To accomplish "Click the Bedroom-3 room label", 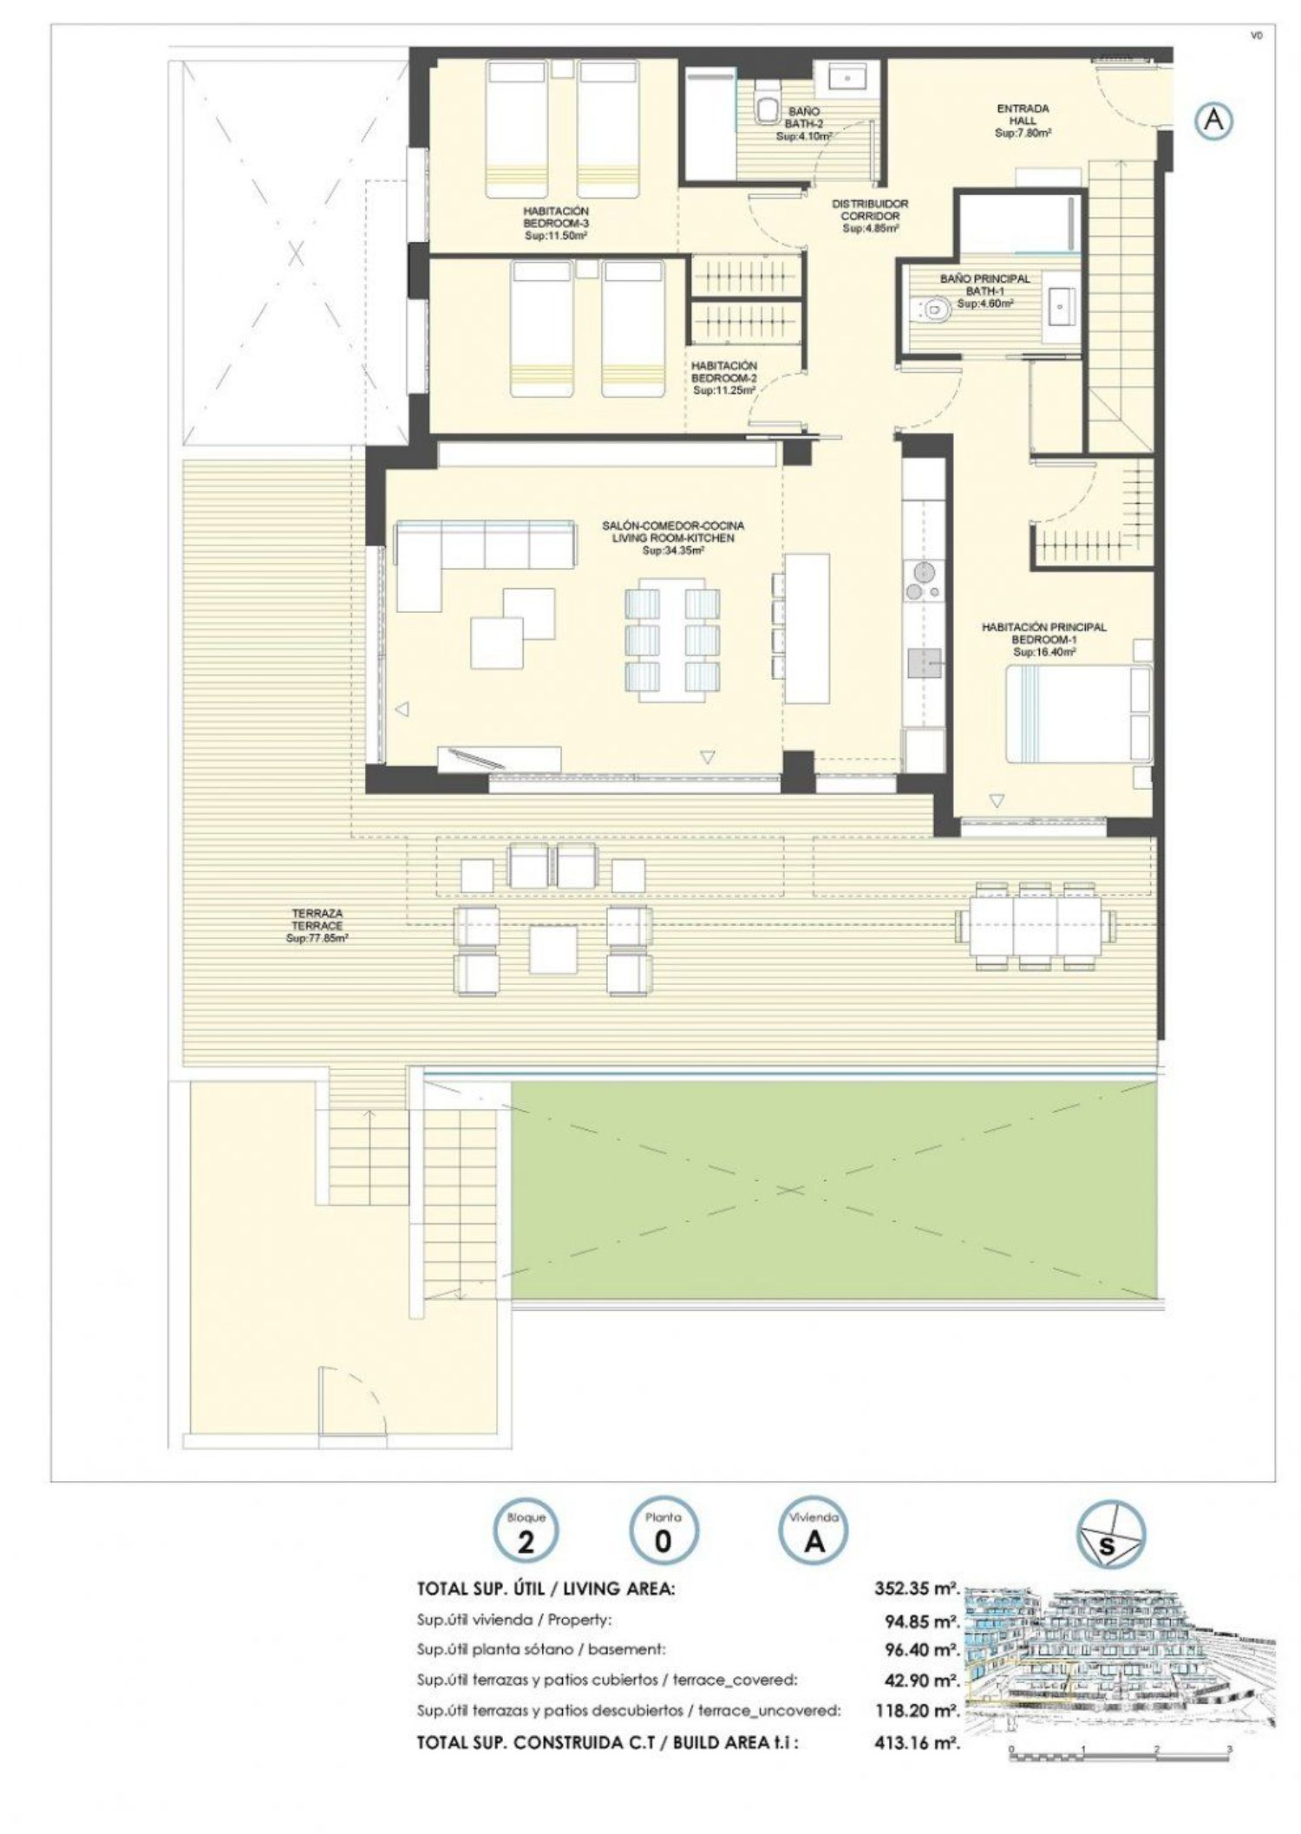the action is click(x=556, y=223).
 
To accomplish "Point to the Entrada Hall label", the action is click(x=1023, y=121).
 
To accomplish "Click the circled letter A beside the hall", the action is click(x=1213, y=121).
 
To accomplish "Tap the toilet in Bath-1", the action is click(x=928, y=308).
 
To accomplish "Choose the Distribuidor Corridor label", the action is click(x=870, y=216).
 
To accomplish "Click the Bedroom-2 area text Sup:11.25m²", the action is click(x=724, y=391).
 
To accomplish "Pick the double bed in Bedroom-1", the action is click(x=1079, y=713).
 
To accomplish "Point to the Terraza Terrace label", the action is click(x=317, y=925).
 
